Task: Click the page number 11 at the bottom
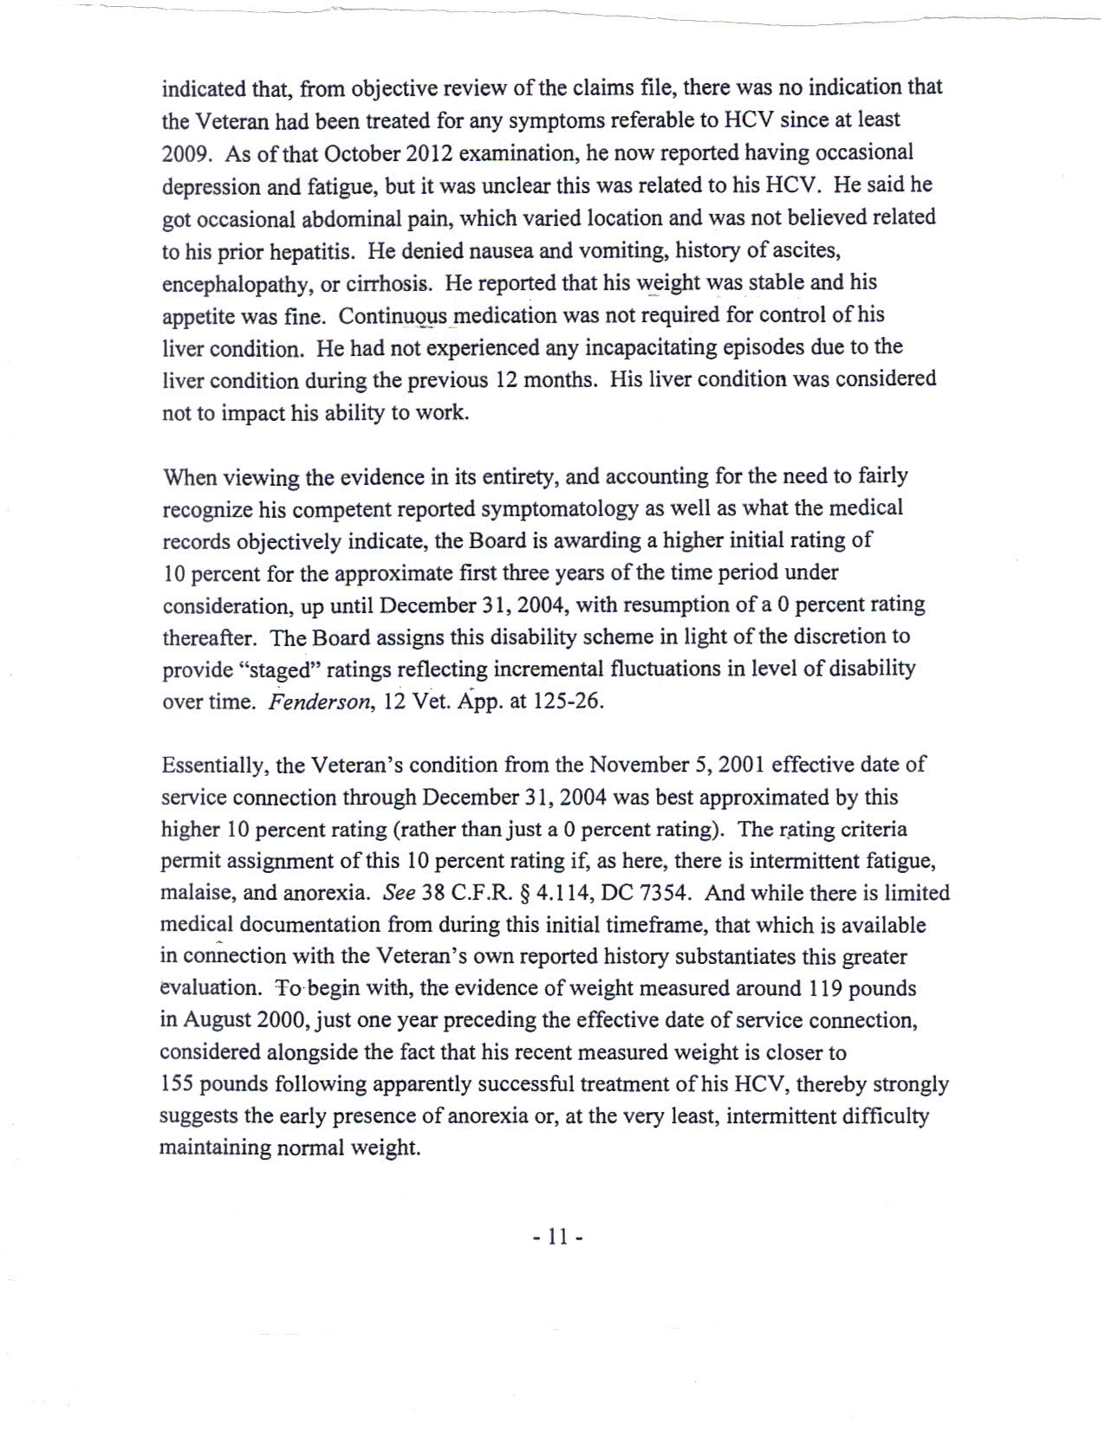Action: [557, 1237]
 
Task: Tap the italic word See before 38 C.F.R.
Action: [399, 893]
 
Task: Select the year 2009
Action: [185, 154]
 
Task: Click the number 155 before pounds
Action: [177, 1084]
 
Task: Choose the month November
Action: [637, 765]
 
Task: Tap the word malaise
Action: [193, 893]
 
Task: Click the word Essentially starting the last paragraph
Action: [216, 766]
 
